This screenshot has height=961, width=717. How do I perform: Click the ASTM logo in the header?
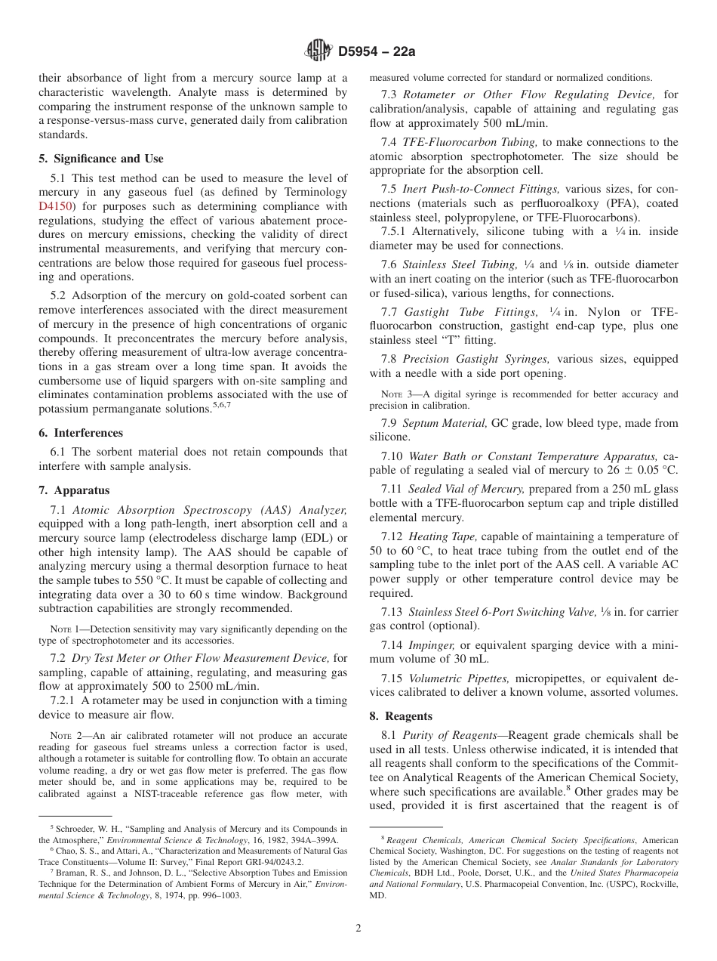(x=317, y=51)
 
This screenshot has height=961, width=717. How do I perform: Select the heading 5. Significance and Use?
(x=100, y=159)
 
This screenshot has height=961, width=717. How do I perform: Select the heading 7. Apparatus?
(x=74, y=490)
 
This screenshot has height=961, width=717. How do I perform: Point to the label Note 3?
(x=397, y=394)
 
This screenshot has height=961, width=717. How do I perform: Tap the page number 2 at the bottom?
(x=358, y=929)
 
